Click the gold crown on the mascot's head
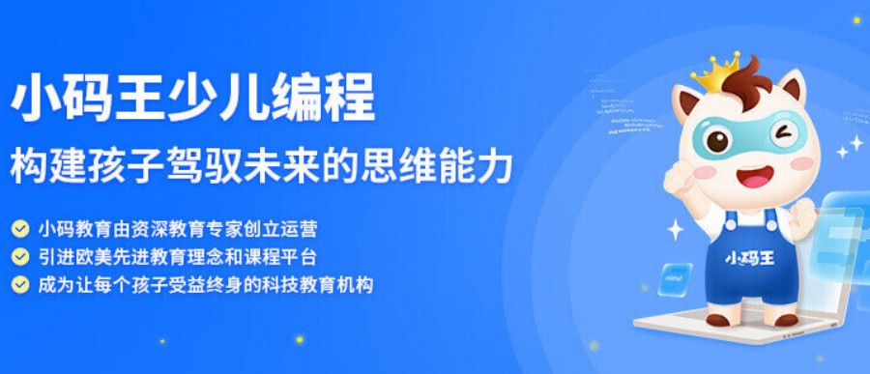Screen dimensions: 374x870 click(716, 70)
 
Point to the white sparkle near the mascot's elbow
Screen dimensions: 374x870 click(675, 230)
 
